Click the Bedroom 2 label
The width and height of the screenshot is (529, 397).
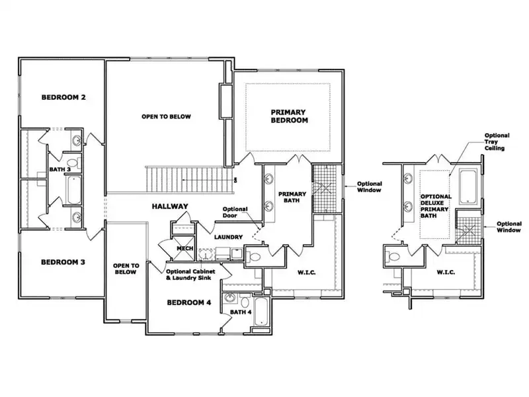click(63, 97)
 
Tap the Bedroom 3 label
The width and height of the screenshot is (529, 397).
click(63, 262)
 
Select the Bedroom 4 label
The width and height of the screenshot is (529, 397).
click(189, 302)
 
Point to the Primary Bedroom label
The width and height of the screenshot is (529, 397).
click(289, 116)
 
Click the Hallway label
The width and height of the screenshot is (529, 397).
click(170, 206)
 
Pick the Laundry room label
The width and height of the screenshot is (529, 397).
click(228, 237)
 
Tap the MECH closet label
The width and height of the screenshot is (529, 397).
click(185, 249)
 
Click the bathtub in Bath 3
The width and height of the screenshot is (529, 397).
click(74, 190)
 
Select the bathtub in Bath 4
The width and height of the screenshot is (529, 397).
click(261, 312)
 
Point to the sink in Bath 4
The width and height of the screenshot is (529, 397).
click(230, 298)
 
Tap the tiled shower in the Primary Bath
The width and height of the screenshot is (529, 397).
click(325, 189)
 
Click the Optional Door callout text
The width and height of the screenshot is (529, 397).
click(235, 212)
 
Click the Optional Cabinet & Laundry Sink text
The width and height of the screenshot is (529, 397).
click(190, 275)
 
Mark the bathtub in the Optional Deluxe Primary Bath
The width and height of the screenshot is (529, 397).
click(468, 187)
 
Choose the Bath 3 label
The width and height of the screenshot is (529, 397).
click(60, 169)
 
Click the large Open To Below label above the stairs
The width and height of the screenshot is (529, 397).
click(167, 116)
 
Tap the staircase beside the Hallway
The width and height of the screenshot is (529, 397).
click(190, 180)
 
